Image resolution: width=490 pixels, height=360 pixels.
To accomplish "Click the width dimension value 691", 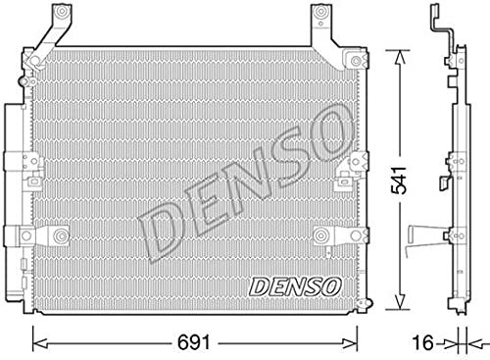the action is coord(193,342).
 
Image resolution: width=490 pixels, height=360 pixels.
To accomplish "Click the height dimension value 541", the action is coord(399,180).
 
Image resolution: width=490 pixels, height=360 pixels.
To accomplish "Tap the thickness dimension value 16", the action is coord(423,342).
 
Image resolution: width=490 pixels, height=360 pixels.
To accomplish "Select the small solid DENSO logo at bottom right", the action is coord(295,286).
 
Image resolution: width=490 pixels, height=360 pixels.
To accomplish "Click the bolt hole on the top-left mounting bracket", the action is coord(61,12).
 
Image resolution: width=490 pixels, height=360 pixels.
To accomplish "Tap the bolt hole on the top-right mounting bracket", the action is coord(320,12).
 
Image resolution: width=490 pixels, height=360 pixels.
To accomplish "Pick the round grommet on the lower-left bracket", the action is coord(61,235).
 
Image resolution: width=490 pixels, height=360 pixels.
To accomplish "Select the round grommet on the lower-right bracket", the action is coord(320,235).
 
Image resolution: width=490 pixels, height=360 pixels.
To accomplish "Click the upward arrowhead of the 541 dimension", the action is coord(400,57).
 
